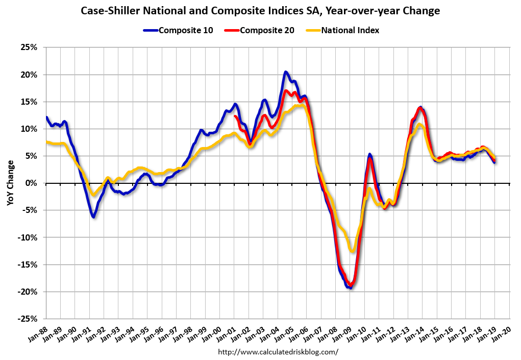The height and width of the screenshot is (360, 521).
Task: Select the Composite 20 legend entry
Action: click(266, 30)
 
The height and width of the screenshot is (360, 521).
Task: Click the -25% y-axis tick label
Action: click(29, 319)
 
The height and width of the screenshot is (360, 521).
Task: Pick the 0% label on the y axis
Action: click(33, 183)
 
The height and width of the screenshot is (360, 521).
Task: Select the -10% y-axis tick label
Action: click(29, 237)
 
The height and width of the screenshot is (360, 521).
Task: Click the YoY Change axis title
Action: click(10, 183)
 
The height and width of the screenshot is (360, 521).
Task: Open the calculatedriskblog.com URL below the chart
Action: click(278, 352)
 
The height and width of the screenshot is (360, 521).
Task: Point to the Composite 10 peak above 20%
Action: click(286, 72)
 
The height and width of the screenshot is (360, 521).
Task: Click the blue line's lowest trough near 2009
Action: click(350, 288)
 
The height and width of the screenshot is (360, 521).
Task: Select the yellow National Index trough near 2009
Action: click(352, 251)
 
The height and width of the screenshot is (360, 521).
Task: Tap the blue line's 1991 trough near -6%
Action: click(93, 217)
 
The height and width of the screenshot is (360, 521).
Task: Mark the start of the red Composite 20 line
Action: click(235, 116)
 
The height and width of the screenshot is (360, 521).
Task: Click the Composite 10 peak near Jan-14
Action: click(420, 107)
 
